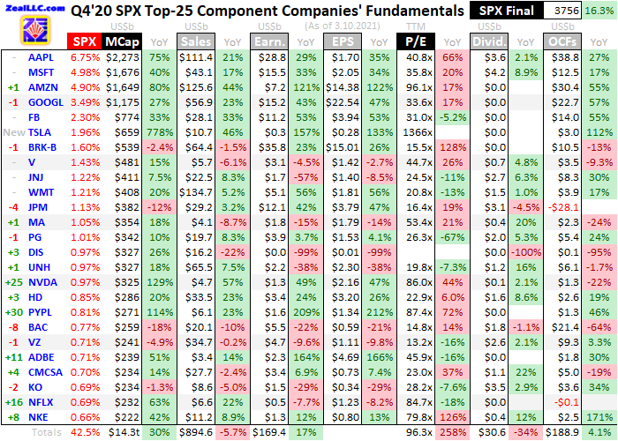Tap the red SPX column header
coord(85,41)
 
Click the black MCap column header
coord(121,41)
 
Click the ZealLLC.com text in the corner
coord(34,7)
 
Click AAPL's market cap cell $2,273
coord(122,56)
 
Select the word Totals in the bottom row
coord(47,434)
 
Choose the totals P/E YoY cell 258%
coord(451,434)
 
